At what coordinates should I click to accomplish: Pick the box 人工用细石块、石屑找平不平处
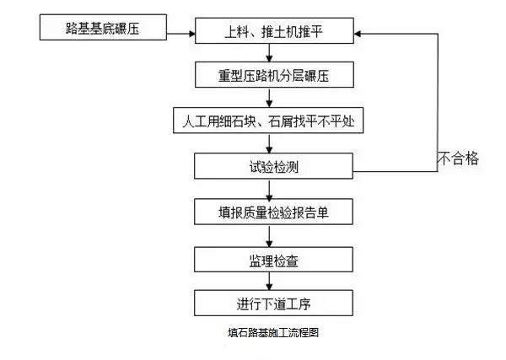267,121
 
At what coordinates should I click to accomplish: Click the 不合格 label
458,158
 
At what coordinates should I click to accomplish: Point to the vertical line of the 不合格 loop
437,101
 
